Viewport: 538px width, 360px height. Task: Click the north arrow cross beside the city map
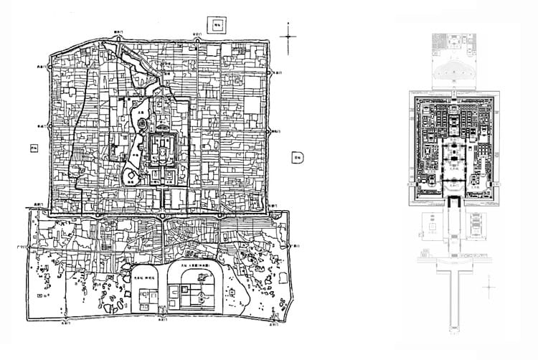(288, 36)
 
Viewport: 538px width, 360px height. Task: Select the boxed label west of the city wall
(32, 149)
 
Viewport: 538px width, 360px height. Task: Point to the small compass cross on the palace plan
(489, 286)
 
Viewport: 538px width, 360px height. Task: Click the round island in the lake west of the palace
(141, 124)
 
